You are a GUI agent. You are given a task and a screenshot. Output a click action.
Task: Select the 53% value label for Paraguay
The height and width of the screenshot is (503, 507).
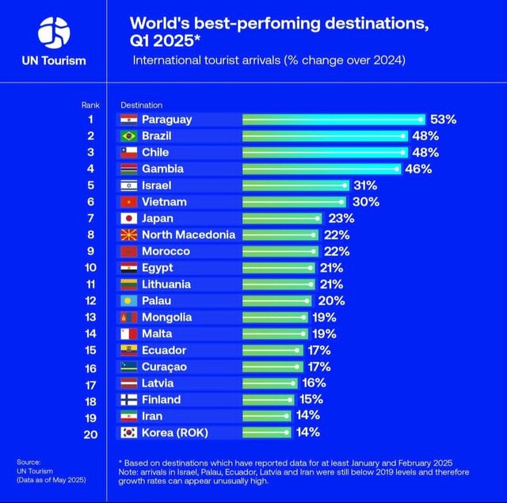click(444, 120)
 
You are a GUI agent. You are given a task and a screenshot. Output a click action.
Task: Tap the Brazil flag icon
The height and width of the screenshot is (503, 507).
click(129, 136)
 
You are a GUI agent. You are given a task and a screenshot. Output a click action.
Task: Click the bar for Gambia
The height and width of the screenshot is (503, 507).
click(322, 169)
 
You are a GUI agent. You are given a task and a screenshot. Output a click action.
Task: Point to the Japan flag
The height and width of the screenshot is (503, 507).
click(129, 219)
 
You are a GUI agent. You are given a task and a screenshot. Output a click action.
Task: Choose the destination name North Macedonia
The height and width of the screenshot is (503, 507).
click(188, 234)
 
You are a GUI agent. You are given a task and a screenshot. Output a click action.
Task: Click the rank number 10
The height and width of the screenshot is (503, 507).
click(90, 268)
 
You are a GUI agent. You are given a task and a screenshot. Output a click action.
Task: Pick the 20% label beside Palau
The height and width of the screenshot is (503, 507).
click(331, 301)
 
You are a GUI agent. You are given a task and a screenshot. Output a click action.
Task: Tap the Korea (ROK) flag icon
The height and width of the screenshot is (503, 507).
click(129, 433)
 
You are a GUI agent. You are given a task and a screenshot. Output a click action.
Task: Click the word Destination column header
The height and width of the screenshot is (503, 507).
click(142, 105)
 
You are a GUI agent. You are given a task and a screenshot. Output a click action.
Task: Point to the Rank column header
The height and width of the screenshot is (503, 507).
click(90, 105)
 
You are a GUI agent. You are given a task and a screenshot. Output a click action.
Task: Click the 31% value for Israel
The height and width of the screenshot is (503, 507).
click(365, 185)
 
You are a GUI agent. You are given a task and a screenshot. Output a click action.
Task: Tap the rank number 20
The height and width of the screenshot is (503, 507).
click(90, 433)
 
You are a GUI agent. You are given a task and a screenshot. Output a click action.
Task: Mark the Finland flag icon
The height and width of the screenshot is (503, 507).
click(129, 400)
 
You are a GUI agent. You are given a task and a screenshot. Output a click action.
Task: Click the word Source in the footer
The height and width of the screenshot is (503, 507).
click(28, 462)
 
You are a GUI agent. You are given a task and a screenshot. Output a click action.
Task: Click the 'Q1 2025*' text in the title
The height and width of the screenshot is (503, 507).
click(166, 40)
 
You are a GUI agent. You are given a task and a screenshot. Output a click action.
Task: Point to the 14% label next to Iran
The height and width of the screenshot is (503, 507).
click(308, 416)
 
